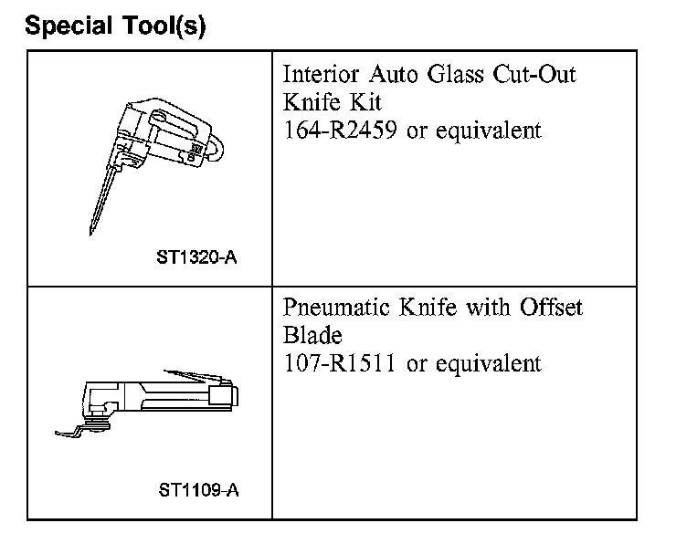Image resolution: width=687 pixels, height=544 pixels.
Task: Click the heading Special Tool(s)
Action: [x=116, y=26]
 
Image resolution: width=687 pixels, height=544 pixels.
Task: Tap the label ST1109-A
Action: [x=198, y=491]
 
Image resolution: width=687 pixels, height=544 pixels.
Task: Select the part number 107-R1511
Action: [x=341, y=363]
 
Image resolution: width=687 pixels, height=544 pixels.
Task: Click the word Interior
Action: [x=318, y=75]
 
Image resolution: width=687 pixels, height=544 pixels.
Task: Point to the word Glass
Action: [x=459, y=75]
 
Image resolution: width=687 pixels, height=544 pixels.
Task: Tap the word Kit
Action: [x=359, y=102]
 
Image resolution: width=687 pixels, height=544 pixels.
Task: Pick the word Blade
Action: [x=312, y=336]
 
